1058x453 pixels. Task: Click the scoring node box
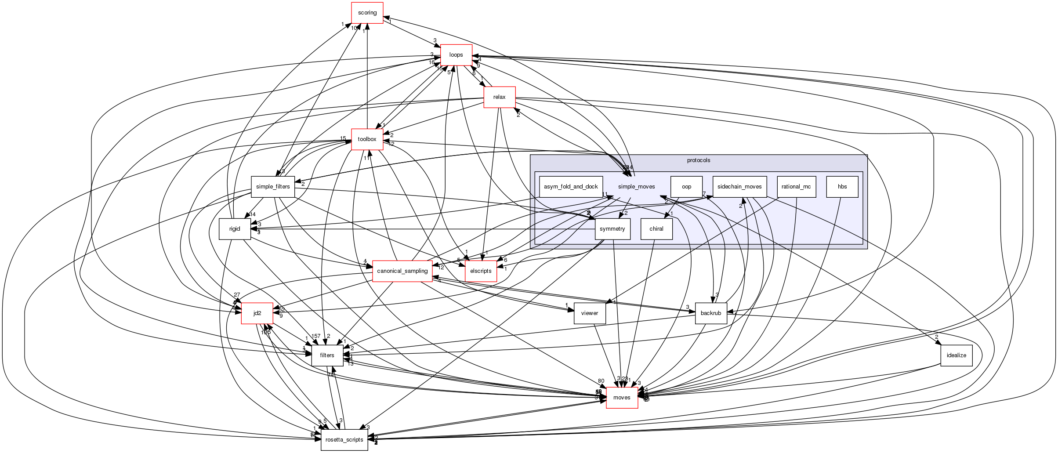(367, 13)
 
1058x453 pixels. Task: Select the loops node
(456, 55)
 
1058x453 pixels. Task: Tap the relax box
(499, 97)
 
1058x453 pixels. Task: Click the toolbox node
(367, 139)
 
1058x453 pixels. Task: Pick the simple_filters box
(273, 187)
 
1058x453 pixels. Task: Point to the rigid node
(235, 229)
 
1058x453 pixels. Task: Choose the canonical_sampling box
(402, 271)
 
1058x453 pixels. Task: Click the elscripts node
(481, 271)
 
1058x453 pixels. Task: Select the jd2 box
(257, 313)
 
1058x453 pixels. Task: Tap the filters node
(327, 355)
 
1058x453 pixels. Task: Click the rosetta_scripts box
(344, 440)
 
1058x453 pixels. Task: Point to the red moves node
(622, 398)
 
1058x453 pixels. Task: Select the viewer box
(590, 313)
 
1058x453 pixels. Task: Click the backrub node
(711, 313)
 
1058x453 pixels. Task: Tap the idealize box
(957, 355)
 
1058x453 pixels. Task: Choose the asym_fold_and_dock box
(571, 187)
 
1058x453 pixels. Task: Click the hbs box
(842, 187)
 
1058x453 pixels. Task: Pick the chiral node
(656, 229)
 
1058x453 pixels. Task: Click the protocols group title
(699, 160)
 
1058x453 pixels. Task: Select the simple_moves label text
(636, 187)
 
